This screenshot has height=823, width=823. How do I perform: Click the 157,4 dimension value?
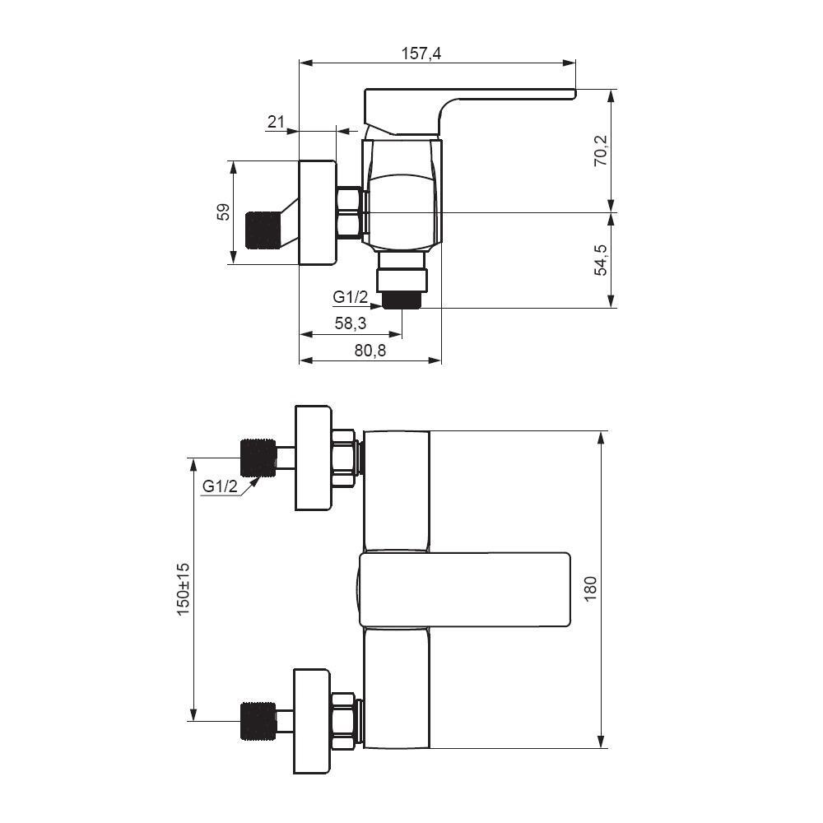pyautogui.click(x=421, y=53)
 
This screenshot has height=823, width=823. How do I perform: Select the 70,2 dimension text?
pyautogui.click(x=601, y=151)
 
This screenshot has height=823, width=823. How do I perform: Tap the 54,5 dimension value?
pyautogui.click(x=601, y=260)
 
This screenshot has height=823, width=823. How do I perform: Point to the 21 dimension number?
pyautogui.click(x=276, y=123)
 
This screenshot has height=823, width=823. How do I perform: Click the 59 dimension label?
pyautogui.click(x=223, y=212)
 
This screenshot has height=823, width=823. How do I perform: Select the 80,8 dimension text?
pyautogui.click(x=370, y=350)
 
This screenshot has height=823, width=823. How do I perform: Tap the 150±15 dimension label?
pyautogui.click(x=183, y=588)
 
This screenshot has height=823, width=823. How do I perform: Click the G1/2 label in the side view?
pyautogui.click(x=350, y=296)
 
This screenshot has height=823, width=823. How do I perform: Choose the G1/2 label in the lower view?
pyautogui.click(x=220, y=486)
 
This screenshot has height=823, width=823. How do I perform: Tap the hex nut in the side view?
pyautogui.click(x=349, y=213)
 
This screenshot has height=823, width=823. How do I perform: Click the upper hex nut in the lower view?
pyautogui.click(x=344, y=458)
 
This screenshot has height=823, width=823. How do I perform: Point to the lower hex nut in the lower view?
pyautogui.click(x=344, y=721)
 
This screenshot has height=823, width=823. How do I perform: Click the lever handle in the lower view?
pyautogui.click(x=465, y=589)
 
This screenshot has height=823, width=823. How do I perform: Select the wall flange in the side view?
pyautogui.click(x=317, y=213)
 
